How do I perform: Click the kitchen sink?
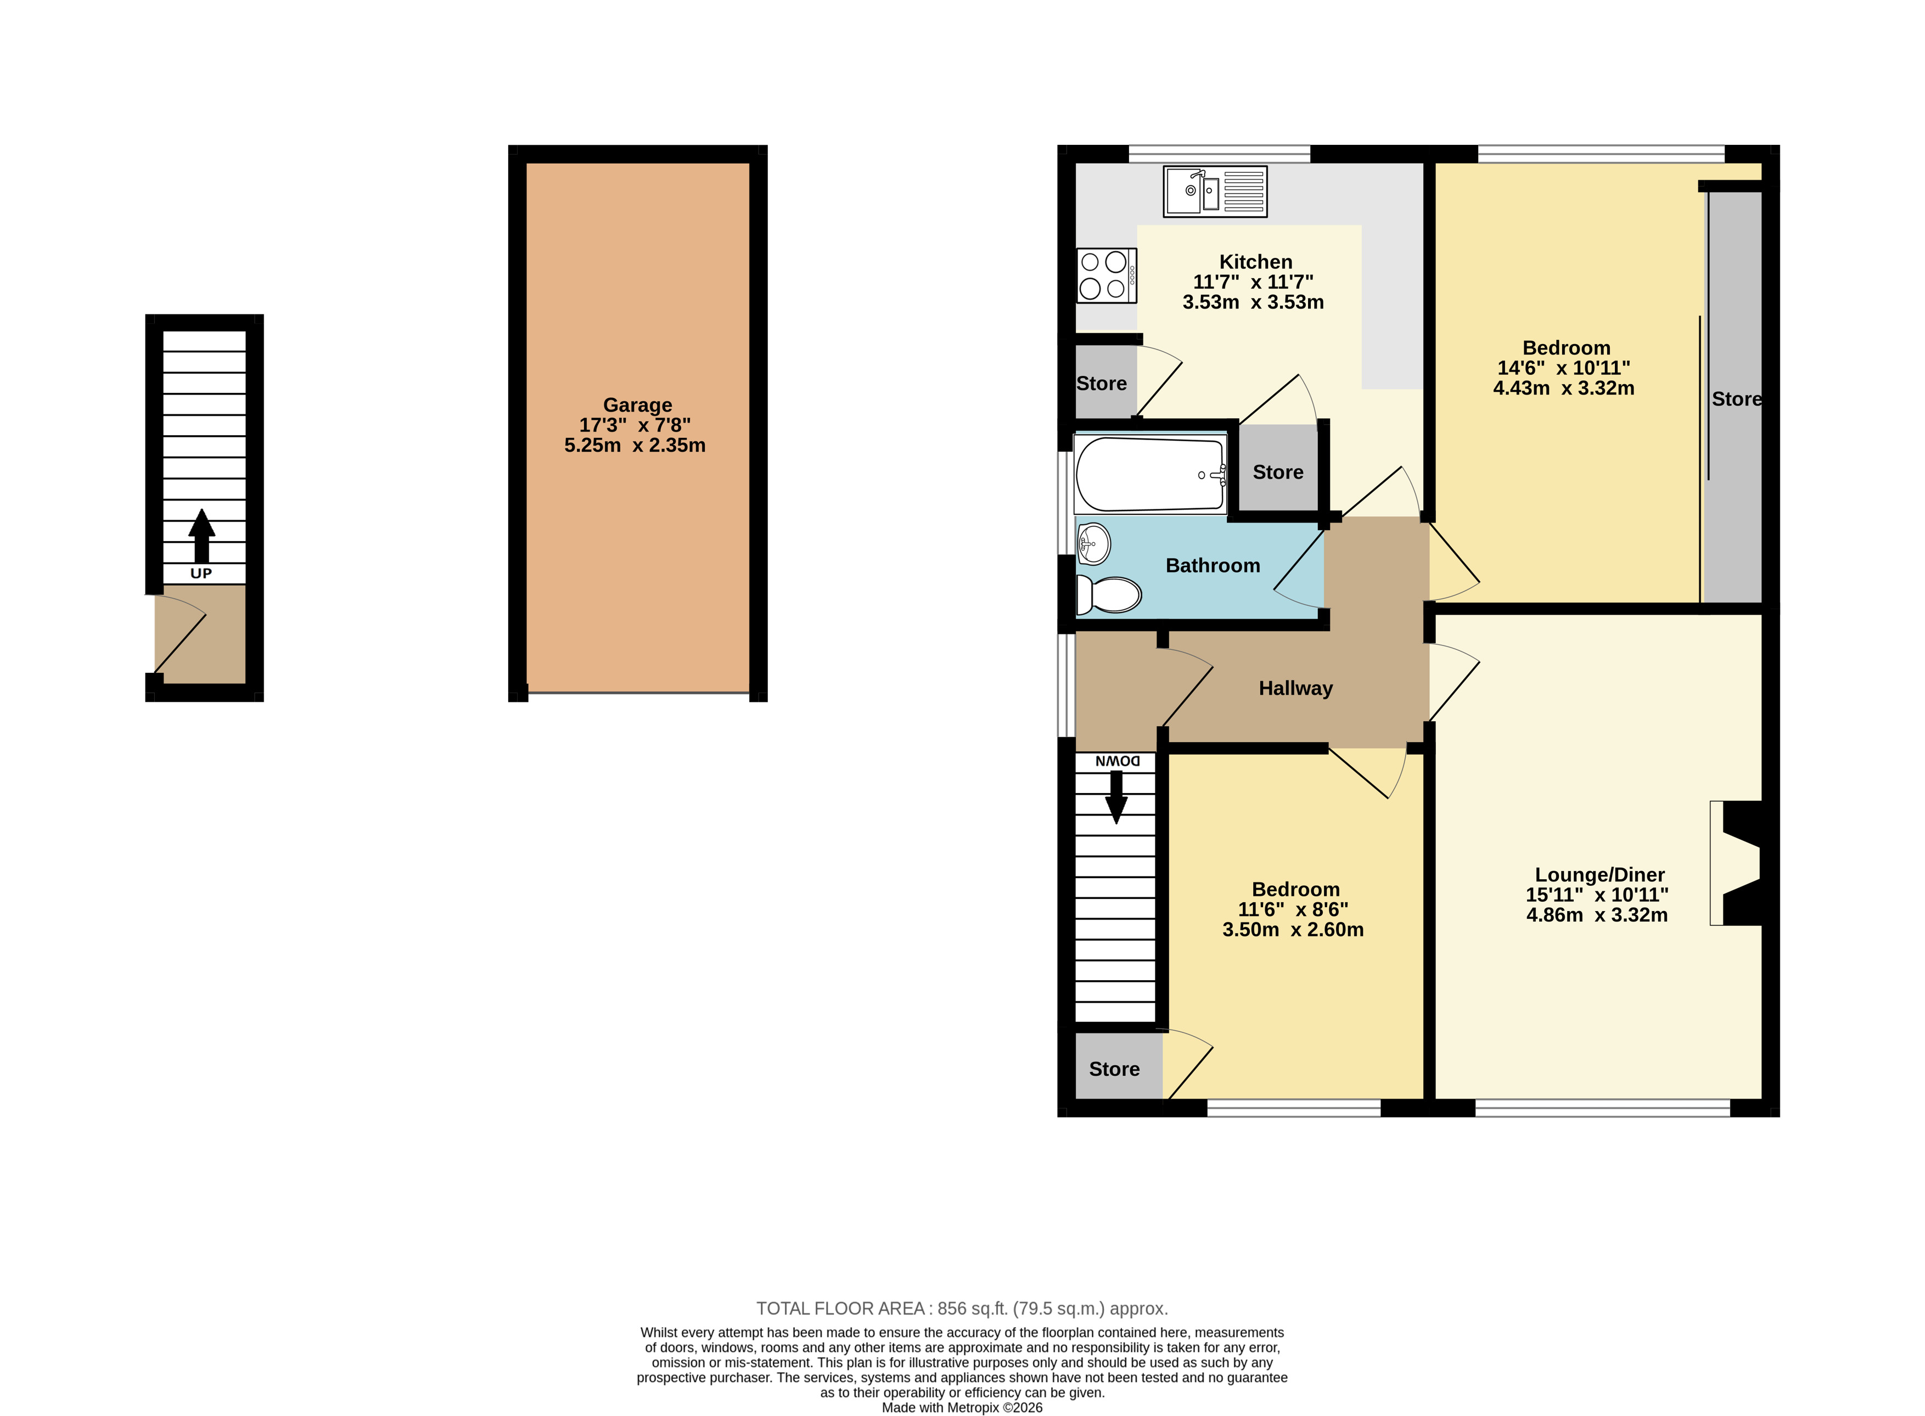[1215, 191]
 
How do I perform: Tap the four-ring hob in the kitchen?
[1107, 275]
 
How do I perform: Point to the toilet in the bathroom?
[1108, 594]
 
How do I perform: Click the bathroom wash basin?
[1093, 543]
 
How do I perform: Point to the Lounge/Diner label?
[1600, 875]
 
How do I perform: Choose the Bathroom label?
[1213, 566]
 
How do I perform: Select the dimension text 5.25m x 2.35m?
[635, 445]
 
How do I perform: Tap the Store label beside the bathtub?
[1278, 473]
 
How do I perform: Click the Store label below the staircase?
[1114, 1069]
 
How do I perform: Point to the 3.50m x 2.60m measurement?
[1293, 930]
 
